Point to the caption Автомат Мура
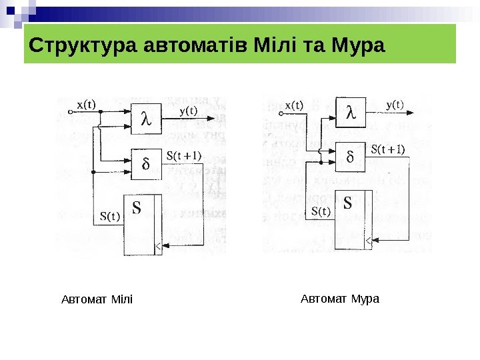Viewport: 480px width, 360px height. (340, 298)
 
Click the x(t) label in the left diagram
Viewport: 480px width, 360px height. (86, 105)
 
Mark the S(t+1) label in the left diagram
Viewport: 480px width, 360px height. (184, 156)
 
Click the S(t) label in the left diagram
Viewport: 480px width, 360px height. (110, 215)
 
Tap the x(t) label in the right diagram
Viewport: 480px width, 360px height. (294, 105)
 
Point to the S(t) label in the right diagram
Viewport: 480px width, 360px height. (321, 212)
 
